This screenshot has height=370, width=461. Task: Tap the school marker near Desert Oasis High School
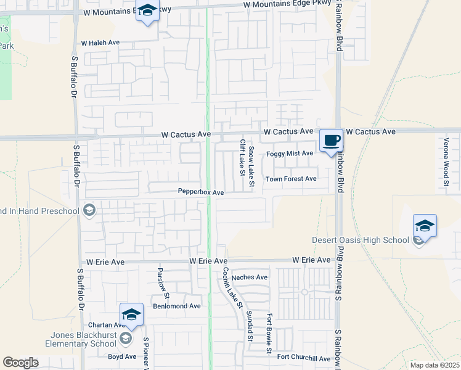tap(425, 226)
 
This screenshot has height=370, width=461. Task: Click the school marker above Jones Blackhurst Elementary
tap(131, 314)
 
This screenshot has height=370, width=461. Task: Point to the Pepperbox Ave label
tap(200, 192)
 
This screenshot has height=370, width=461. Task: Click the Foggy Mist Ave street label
tap(290, 154)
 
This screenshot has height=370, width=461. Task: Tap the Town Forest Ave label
tap(290, 179)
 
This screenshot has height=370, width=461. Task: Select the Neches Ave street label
tap(250, 277)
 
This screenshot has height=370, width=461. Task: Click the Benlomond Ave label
tap(177, 306)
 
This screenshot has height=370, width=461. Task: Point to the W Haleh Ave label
tap(100, 43)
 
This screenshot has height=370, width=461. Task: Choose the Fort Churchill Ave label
tap(303, 358)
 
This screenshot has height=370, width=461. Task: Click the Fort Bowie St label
tap(269, 334)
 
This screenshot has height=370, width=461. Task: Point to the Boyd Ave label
tap(122, 356)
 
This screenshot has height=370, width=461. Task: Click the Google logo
tap(20, 363)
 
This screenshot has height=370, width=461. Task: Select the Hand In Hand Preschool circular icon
tap(89, 211)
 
